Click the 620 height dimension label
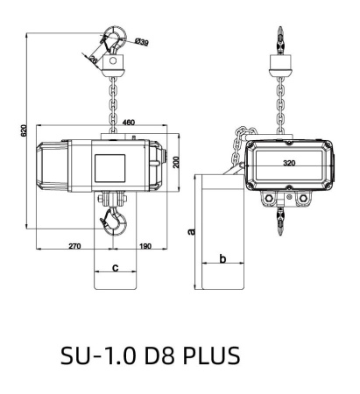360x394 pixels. point(24,130)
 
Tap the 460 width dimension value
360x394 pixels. point(129,123)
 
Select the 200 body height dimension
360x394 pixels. point(176,162)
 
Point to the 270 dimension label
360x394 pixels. point(74,246)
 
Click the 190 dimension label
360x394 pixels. point(145,246)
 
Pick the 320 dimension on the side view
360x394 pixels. point(289,163)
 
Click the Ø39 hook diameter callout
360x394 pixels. point(142,42)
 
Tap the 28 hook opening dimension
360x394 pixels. point(94,60)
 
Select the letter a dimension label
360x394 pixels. point(191,231)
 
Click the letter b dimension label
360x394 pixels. point(222,258)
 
